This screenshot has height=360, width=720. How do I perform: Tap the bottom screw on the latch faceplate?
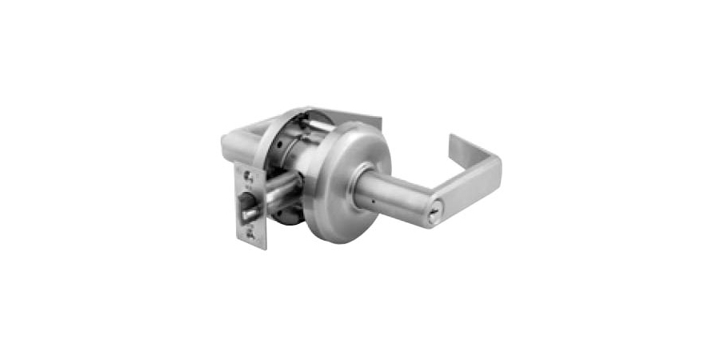point(254,233)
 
